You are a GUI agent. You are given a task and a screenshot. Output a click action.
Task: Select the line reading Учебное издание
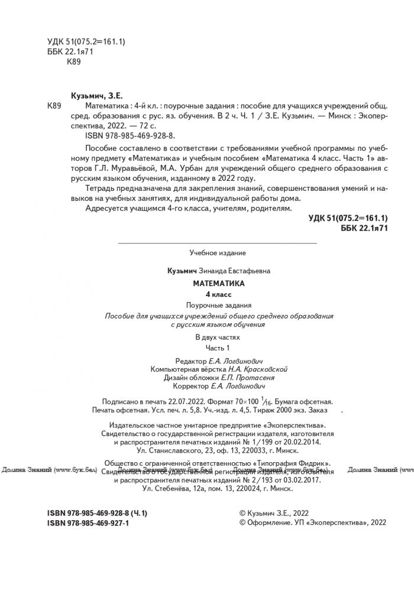coord(218,252)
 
